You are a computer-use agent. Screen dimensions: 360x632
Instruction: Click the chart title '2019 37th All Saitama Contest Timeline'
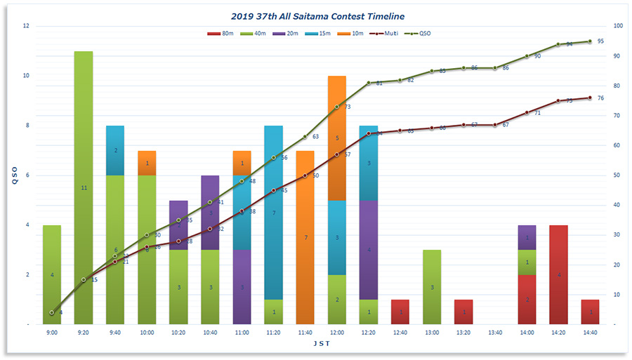tap(317, 15)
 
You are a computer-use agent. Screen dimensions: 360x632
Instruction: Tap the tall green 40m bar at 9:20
tap(84, 187)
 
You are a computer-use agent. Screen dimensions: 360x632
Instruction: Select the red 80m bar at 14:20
tap(558, 274)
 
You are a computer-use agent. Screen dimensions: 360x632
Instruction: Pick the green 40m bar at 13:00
tap(432, 287)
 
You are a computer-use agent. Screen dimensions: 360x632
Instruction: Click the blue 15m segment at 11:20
tap(273, 213)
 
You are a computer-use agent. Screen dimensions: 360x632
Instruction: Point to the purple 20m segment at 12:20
tap(368, 250)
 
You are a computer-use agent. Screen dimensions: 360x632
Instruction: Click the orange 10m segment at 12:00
tap(336, 138)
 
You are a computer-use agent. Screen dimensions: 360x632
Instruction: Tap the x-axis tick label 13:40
tap(495, 332)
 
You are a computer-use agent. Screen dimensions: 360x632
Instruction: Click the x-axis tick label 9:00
tap(52, 332)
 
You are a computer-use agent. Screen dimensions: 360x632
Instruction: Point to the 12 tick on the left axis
tap(26, 26)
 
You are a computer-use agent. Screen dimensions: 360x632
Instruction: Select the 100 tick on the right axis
tap(618, 26)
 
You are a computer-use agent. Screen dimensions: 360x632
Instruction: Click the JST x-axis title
tap(321, 344)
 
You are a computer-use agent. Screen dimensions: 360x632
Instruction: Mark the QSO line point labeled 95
tap(590, 41)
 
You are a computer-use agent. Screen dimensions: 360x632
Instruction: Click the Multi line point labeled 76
tap(590, 98)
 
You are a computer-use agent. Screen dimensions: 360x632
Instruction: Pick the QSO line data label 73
tap(347, 107)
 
